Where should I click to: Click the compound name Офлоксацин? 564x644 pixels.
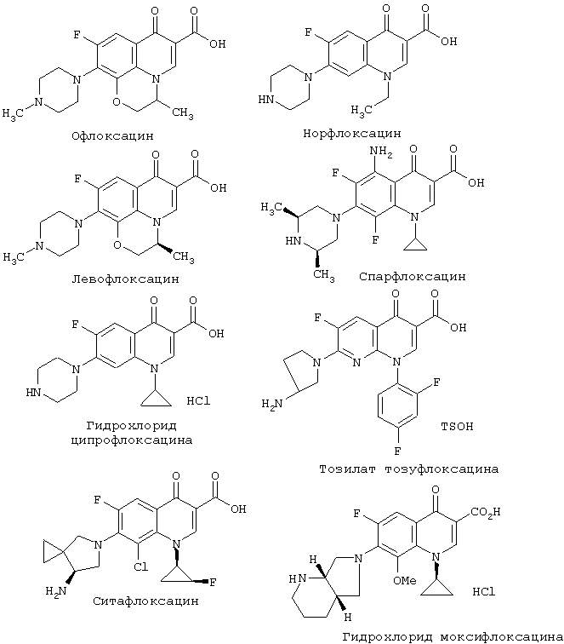click(x=112, y=135)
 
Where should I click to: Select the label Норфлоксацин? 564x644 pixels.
click(x=352, y=134)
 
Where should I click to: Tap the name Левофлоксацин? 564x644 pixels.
click(x=126, y=279)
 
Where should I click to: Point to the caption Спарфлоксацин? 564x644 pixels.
click(x=413, y=276)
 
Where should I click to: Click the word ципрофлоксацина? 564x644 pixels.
click(x=132, y=440)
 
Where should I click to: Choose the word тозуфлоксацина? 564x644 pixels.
click(x=442, y=469)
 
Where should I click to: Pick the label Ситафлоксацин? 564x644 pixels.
click(x=145, y=601)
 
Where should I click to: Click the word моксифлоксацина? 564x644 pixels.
click(x=502, y=637)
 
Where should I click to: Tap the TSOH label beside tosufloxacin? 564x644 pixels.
click(x=457, y=427)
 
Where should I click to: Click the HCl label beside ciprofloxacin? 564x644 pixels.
click(x=198, y=401)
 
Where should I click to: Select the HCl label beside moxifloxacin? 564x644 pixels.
click(x=484, y=592)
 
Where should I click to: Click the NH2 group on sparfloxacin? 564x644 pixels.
click(x=381, y=152)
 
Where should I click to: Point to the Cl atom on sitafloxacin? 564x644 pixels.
click(x=140, y=567)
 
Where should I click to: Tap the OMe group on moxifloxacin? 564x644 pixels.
click(x=404, y=581)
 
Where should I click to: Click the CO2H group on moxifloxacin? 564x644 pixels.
click(x=486, y=512)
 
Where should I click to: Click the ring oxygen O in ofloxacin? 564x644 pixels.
click(x=117, y=101)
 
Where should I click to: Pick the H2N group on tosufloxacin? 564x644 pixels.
click(x=272, y=404)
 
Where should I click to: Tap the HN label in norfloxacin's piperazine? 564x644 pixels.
click(x=265, y=100)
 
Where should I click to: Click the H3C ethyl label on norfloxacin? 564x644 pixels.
click(x=362, y=111)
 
